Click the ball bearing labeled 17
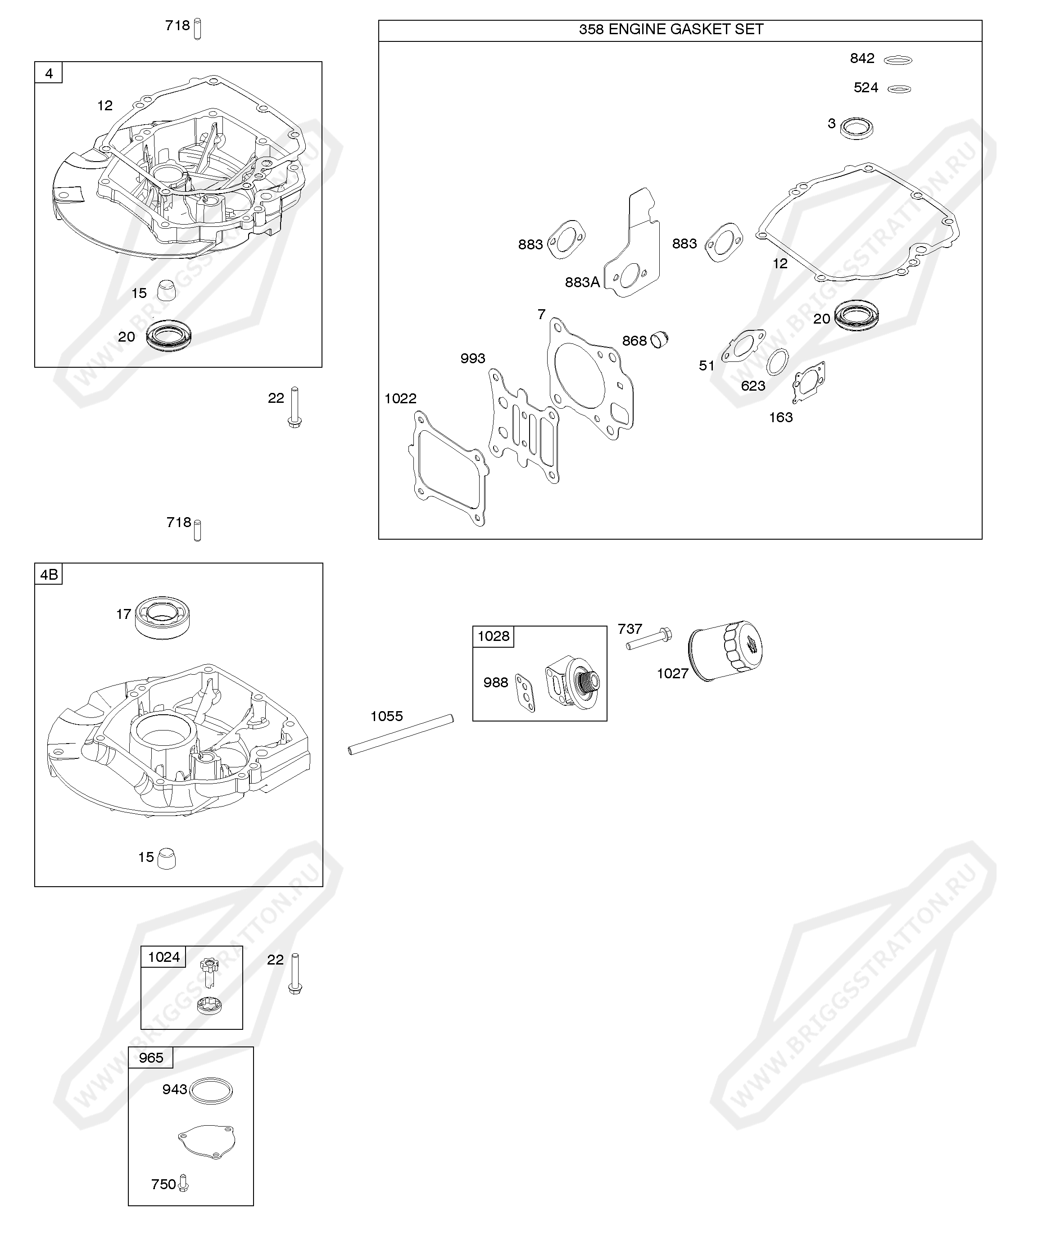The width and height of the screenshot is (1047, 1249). click(x=162, y=618)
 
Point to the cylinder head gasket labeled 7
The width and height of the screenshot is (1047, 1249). click(x=589, y=379)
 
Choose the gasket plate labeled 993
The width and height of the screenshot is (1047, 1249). click(x=524, y=426)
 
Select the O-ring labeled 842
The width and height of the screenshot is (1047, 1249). click(x=898, y=60)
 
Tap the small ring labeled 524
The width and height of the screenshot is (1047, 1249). click(x=899, y=89)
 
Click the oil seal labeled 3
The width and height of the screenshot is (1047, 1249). click(x=857, y=128)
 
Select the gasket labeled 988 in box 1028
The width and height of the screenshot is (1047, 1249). click(x=525, y=692)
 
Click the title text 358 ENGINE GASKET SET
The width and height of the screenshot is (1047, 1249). click(x=671, y=30)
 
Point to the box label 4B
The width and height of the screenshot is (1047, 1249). click(x=49, y=574)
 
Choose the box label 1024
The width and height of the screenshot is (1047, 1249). click(x=163, y=957)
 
